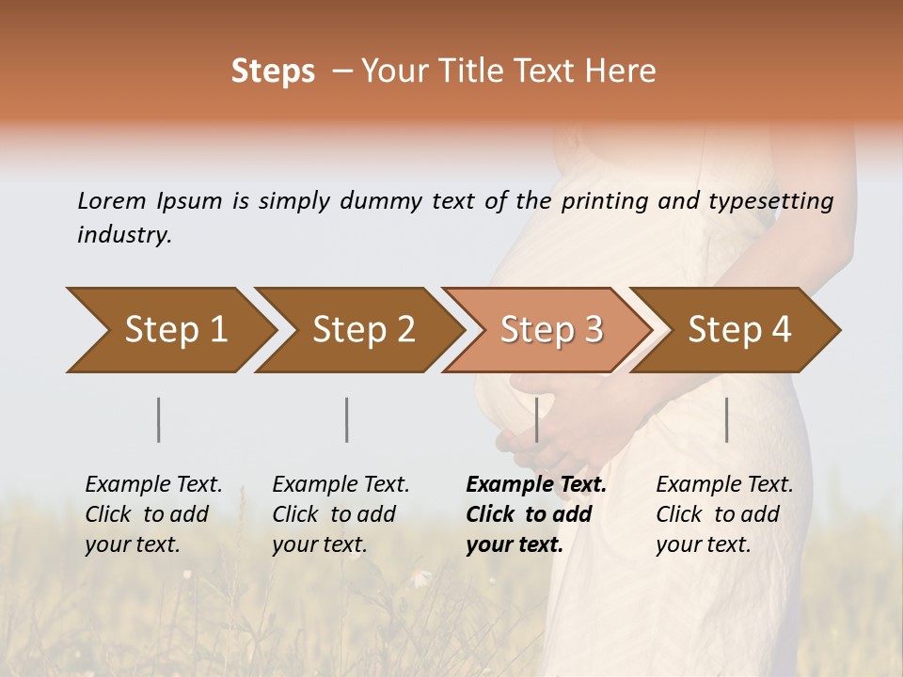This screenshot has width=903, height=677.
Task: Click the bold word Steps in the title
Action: click(273, 71)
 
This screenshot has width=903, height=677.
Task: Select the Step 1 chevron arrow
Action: click(175, 330)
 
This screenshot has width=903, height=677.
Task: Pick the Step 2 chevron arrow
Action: click(363, 330)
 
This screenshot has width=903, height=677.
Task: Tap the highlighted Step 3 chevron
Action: click(551, 330)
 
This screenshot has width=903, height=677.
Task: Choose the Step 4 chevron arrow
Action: click(739, 330)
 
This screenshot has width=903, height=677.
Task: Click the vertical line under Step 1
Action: click(159, 419)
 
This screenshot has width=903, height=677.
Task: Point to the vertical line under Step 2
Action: click(347, 419)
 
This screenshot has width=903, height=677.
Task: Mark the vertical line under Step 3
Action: click(537, 419)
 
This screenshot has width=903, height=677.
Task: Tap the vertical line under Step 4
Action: click(727, 419)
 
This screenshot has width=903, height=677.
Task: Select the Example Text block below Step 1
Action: click(153, 514)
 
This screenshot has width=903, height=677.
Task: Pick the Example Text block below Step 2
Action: click(341, 514)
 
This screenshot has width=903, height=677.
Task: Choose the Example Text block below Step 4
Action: click(724, 514)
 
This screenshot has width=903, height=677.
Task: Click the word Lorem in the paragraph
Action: click(112, 200)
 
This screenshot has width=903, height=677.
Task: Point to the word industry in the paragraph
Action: click(124, 234)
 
